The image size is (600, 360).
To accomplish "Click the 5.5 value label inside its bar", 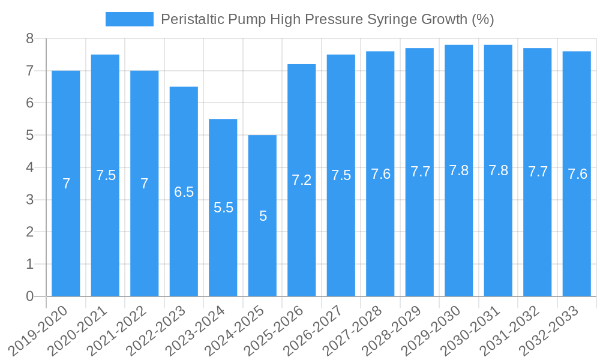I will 223,208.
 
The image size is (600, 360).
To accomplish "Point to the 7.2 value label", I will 302,180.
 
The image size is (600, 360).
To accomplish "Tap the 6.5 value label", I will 184,192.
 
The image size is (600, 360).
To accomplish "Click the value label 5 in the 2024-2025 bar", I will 263,216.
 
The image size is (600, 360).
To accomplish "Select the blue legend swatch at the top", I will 129,19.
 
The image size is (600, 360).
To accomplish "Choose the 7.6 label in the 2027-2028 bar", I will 380,174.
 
